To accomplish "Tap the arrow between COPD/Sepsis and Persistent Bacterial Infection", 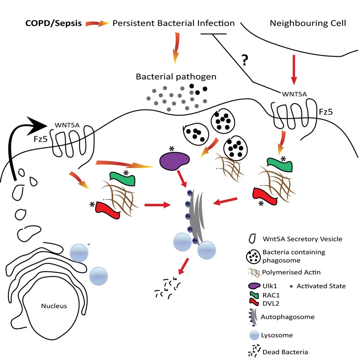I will [98, 24].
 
